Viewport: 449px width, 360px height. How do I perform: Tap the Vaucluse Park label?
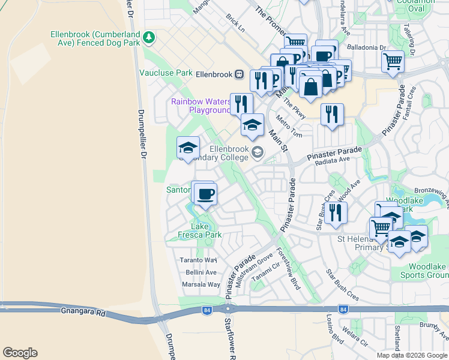166,73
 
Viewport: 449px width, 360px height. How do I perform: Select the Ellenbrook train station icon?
239,74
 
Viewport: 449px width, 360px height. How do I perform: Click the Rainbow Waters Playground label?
201,106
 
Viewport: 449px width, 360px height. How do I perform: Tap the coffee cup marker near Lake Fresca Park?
205,194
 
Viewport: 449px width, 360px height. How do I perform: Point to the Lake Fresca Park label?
200,231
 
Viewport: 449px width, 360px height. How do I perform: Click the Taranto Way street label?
198,260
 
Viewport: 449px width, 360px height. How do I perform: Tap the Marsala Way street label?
201,284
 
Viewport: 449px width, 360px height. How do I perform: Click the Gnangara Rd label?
83,313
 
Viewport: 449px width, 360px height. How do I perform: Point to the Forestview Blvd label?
288,270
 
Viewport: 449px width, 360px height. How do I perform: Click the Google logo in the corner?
20,353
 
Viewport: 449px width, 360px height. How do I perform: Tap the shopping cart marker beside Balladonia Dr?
393,61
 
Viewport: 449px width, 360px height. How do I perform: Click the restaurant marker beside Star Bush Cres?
336,212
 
